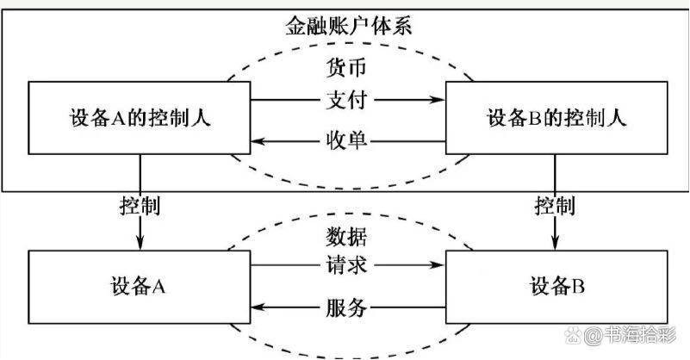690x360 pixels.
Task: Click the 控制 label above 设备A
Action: click(140, 207)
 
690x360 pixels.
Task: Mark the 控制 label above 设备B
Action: click(554, 207)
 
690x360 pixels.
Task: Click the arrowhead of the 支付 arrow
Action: click(438, 101)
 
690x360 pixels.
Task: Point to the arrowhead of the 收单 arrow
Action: click(256, 139)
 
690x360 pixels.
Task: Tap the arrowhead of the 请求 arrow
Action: click(438, 265)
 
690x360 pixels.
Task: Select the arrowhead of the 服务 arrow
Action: click(256, 307)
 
